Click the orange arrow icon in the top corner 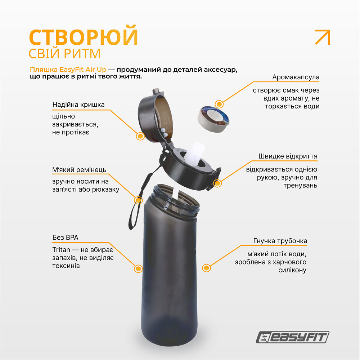(323, 37)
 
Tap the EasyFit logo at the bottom (292, 338)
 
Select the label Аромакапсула (296, 77)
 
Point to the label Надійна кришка (78, 105)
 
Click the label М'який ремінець (79, 170)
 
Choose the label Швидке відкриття (288, 156)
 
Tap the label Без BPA (65, 238)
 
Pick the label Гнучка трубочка (280, 241)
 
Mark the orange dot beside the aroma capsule (219, 104)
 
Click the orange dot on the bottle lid (140, 136)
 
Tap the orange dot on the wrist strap (138, 200)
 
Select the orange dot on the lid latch (217, 183)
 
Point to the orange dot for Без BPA (138, 268)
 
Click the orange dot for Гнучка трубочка (206, 268)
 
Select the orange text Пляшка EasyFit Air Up (68, 70)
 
